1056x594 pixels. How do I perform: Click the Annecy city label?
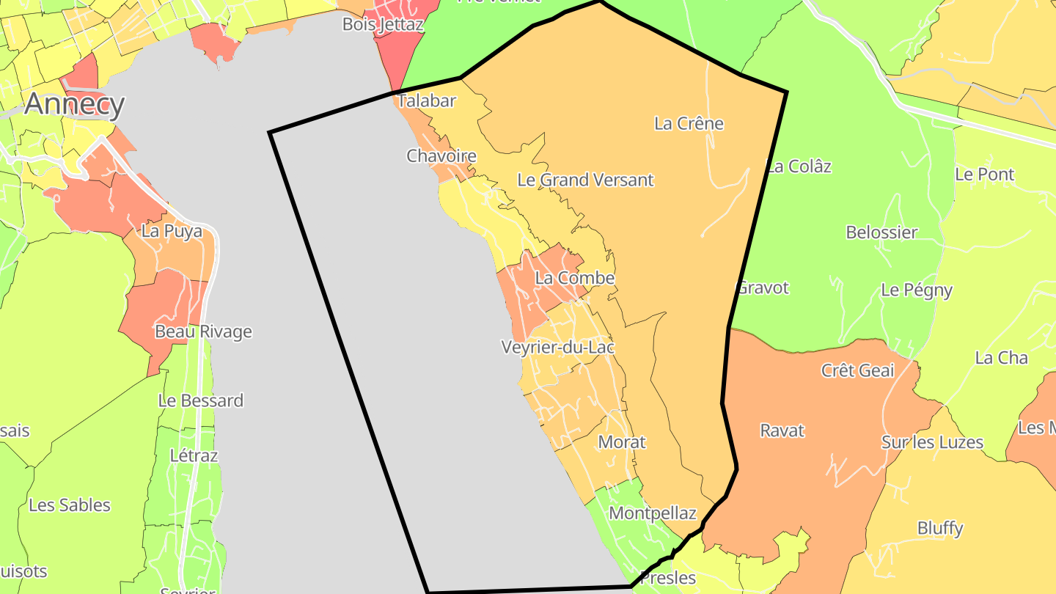pyautogui.click(x=74, y=105)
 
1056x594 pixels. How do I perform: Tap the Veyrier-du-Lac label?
pyautogui.click(x=557, y=347)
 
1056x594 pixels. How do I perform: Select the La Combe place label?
pyautogui.click(x=574, y=279)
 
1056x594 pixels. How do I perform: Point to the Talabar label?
pyautogui.click(x=426, y=101)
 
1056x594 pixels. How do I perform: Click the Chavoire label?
pyautogui.click(x=441, y=156)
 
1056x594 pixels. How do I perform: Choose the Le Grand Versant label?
pyautogui.click(x=585, y=180)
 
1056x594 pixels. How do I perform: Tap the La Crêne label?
pyautogui.click(x=689, y=123)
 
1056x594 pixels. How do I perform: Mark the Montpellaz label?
pyautogui.click(x=652, y=513)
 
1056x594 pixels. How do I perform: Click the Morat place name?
pyautogui.click(x=622, y=442)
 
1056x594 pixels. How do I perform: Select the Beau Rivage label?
pyautogui.click(x=203, y=331)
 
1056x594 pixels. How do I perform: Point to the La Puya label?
pyautogui.click(x=172, y=231)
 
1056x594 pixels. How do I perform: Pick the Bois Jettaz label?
pyautogui.click(x=383, y=24)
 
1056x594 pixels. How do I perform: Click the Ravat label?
pyautogui.click(x=782, y=430)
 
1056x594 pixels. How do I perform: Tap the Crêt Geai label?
pyautogui.click(x=857, y=370)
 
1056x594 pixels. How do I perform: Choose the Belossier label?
pyautogui.click(x=881, y=232)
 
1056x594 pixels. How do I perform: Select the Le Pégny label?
pyautogui.click(x=917, y=290)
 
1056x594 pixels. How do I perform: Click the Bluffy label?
pyautogui.click(x=940, y=528)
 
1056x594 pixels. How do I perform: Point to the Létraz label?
pyautogui.click(x=194, y=455)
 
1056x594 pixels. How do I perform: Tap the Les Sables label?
pyautogui.click(x=70, y=505)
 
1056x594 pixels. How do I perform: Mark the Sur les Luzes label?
pyautogui.click(x=932, y=442)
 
